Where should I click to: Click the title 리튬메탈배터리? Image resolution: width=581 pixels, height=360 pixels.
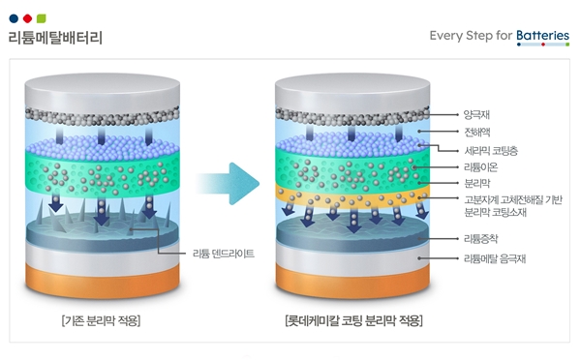coord(55,39)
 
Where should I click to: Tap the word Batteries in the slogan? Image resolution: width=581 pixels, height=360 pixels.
coord(542,36)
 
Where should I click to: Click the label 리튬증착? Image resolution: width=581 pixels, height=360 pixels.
coord(481,238)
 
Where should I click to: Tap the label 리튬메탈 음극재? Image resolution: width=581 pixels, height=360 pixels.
coord(494,258)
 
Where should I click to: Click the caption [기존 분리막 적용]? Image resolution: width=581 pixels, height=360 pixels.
coord(101,320)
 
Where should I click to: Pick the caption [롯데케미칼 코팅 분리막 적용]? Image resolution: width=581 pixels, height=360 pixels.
coord(353,320)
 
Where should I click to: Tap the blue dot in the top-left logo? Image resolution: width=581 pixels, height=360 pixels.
coord(13,18)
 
